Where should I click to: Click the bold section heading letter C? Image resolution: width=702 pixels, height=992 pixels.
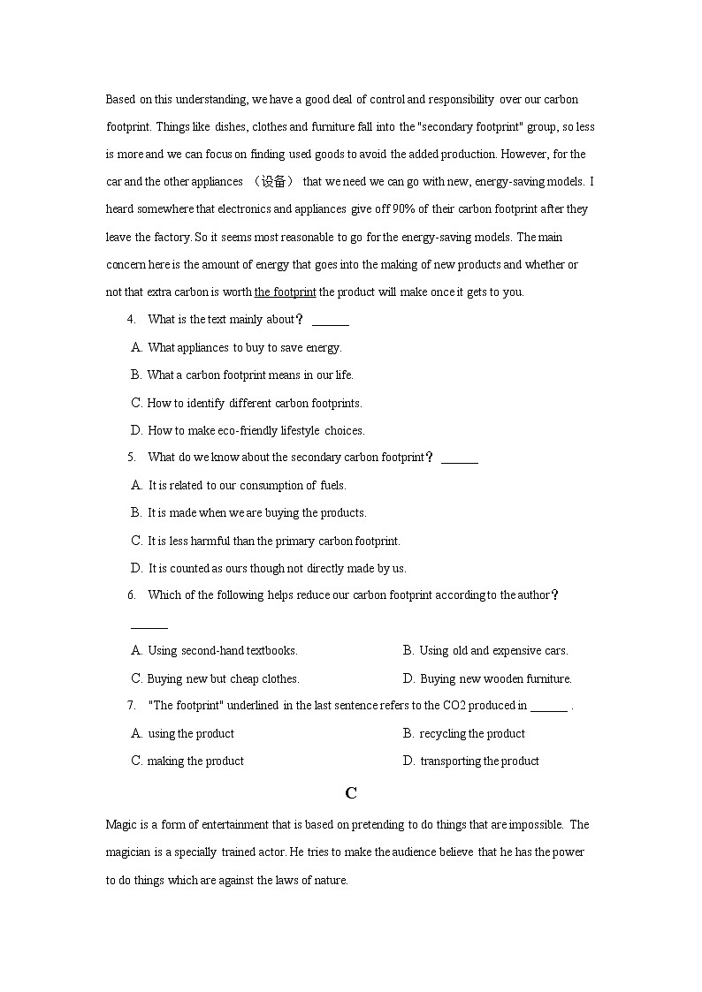pos(351,793)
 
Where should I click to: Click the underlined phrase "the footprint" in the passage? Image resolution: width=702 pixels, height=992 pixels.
pos(285,292)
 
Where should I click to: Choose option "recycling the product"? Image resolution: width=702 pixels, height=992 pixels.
pos(472,734)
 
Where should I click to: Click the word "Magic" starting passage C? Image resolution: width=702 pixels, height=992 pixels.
pos(121,825)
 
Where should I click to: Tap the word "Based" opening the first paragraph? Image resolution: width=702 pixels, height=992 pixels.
pos(120,100)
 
